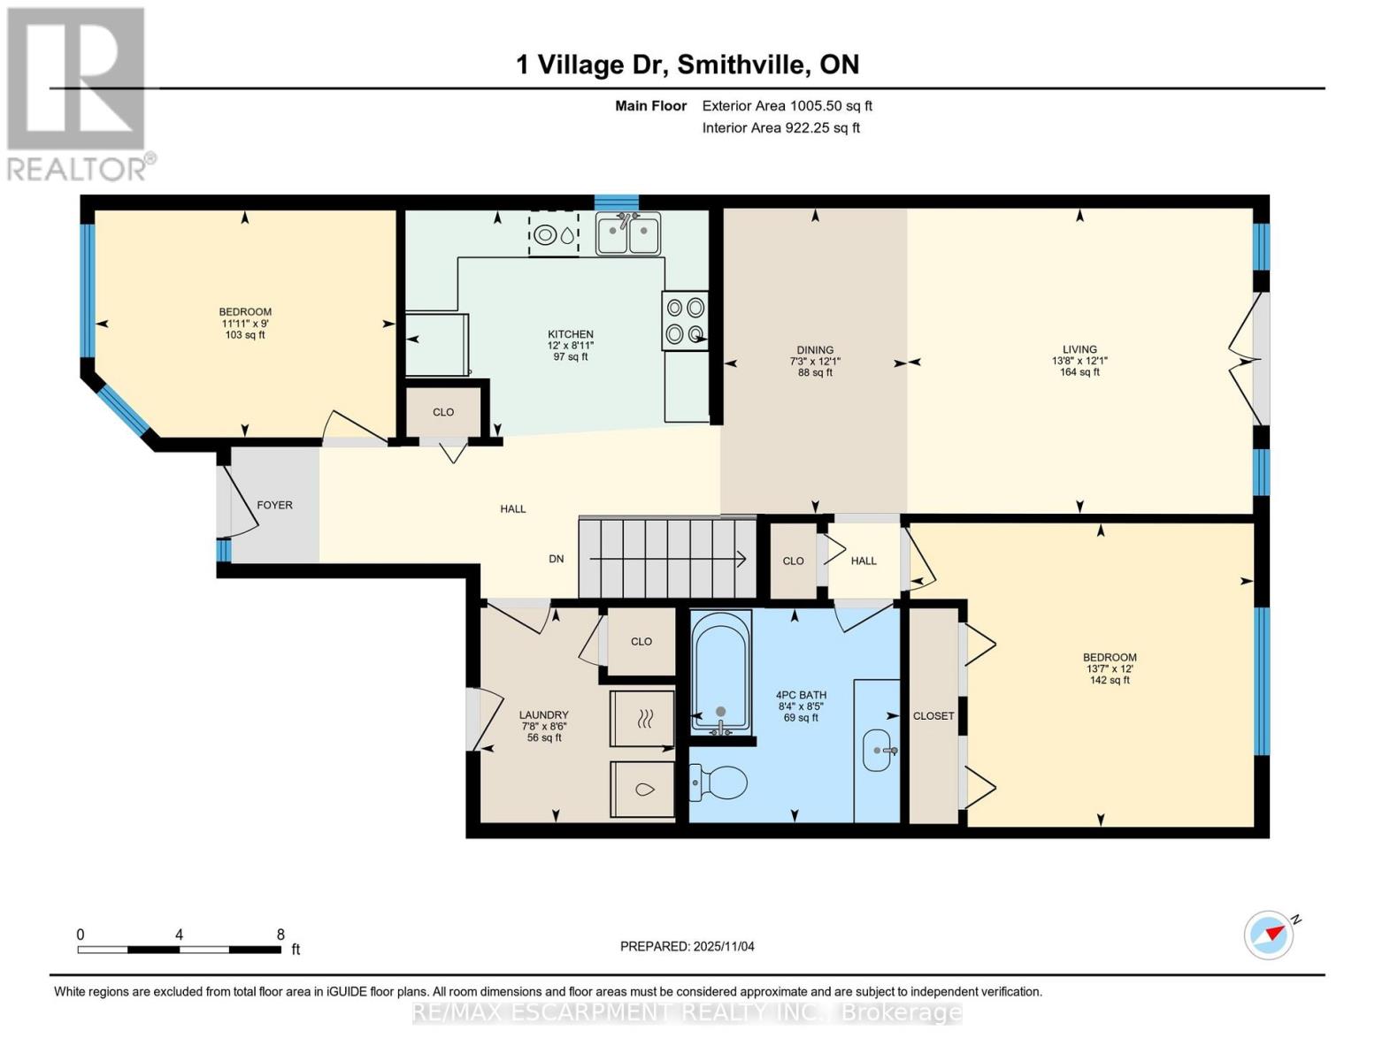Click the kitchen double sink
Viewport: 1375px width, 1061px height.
628,233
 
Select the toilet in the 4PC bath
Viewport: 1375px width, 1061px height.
718,782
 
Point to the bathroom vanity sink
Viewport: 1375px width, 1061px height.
879,751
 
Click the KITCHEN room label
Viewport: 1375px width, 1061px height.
570,334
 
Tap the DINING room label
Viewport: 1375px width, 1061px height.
815,350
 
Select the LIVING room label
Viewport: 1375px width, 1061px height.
1079,349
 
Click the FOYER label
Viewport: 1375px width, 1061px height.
274,505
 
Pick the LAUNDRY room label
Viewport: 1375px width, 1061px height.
543,715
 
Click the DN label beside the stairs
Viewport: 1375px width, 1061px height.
556,559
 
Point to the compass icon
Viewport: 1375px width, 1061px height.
1270,935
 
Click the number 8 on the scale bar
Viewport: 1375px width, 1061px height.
280,935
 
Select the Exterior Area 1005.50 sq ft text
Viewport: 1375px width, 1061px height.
787,105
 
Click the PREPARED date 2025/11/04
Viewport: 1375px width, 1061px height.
687,946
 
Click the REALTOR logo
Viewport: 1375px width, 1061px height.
77,93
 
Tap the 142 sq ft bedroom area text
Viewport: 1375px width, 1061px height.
1110,680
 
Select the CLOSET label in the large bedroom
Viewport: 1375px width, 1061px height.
933,715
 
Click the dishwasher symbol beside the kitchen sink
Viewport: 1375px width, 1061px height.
553,234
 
